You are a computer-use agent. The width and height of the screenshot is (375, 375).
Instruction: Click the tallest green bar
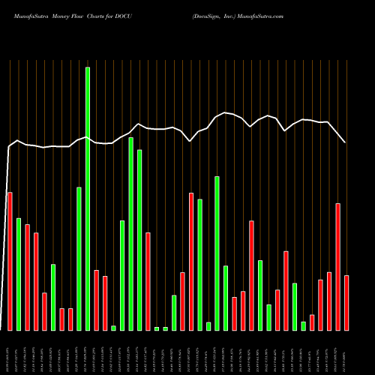(88, 199)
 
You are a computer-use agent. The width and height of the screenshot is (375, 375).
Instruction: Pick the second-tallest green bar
(130, 233)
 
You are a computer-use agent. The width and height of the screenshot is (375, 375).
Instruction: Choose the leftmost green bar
(19, 274)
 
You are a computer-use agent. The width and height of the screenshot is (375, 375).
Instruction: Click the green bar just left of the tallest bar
(79, 258)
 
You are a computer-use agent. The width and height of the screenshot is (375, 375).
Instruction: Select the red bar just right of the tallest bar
(96, 300)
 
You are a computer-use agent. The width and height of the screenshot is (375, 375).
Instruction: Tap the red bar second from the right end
(337, 266)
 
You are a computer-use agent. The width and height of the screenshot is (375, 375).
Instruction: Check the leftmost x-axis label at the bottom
(10, 352)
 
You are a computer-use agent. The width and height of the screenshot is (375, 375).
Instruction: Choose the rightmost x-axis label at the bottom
(346, 352)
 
